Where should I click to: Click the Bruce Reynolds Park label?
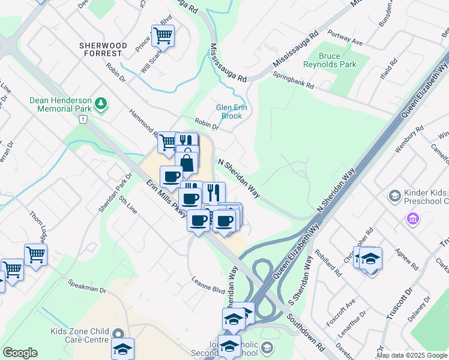(x=337, y=60)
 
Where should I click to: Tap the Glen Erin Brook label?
(x=229, y=112)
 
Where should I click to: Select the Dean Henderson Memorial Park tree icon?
(x=101, y=105)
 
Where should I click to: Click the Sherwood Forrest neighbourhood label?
(x=104, y=46)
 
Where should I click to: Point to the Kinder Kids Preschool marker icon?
(x=394, y=196)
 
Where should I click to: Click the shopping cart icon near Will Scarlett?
(x=163, y=36)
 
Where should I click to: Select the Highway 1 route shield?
(x=82, y=120)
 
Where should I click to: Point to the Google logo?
(x=20, y=353)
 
